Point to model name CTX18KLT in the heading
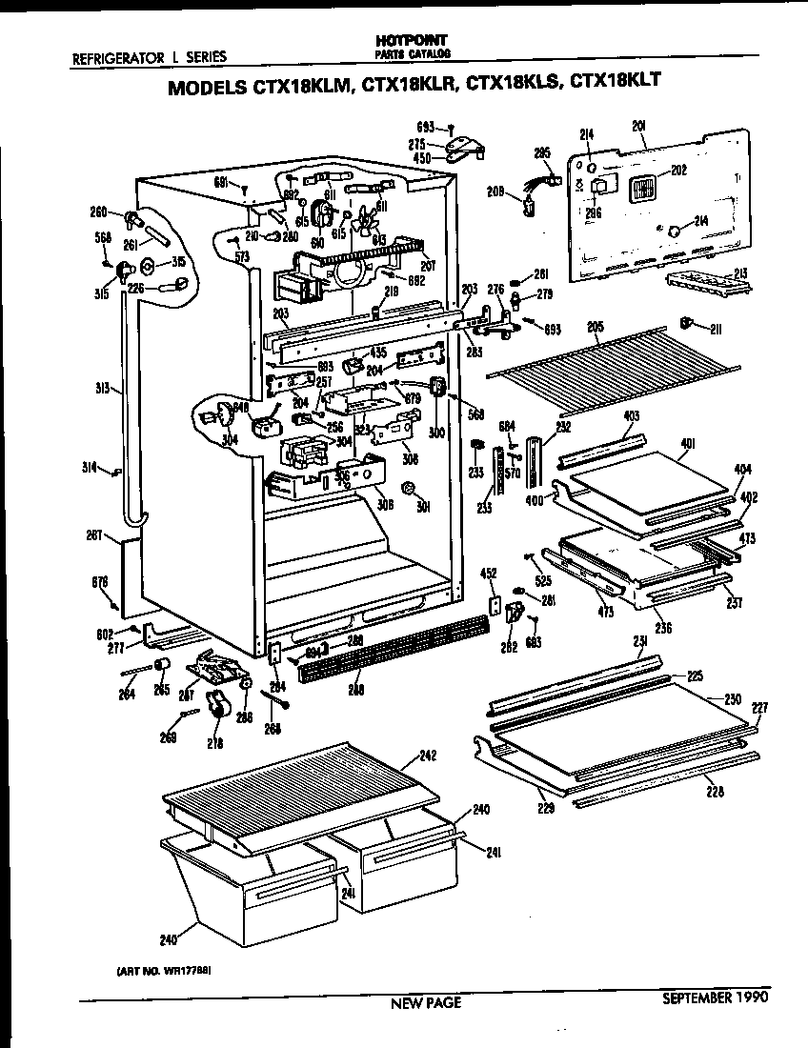pos(615,82)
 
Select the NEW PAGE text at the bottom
pos(426,1002)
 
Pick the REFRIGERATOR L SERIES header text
pos(150,56)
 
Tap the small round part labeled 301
pos(408,489)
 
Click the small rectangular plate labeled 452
pos(495,605)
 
